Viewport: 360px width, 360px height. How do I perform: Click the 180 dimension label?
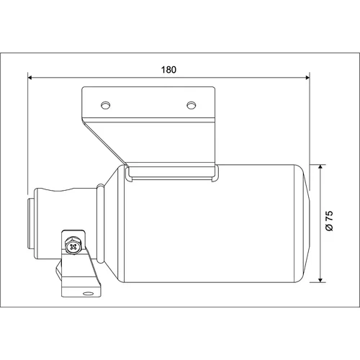coord(168,70)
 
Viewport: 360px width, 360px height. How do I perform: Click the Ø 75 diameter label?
coord(330,220)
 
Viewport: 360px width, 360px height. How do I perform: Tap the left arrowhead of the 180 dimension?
coord(30,77)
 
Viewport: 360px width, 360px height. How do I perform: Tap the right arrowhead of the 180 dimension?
coord(307,77)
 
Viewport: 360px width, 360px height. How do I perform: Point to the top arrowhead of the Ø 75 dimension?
coord(320,167)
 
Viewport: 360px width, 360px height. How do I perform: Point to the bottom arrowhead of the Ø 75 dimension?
coord(320,280)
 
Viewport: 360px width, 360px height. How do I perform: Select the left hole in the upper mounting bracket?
coord(105,105)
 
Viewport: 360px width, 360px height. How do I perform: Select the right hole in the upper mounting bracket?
coord(191,105)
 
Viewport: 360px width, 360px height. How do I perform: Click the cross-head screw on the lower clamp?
coord(73,246)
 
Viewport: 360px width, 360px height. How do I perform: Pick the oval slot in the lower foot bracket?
coord(87,294)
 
